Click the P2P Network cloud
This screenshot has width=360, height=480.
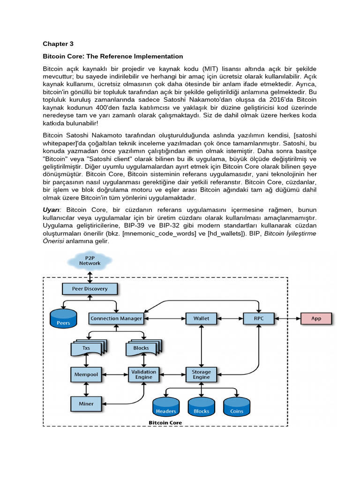pos(90,261)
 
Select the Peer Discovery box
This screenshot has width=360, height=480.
pos(89,289)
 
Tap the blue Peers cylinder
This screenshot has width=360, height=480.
pos(63,319)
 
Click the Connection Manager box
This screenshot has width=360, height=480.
pos(116,318)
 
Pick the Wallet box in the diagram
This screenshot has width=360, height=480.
pos(201,318)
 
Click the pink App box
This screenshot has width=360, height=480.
pos(316,318)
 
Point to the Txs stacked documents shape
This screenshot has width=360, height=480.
pos(86,348)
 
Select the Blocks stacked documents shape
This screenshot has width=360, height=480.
pos(141,348)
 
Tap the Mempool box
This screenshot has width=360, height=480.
pos(86,375)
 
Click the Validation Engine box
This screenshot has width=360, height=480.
pos(143,375)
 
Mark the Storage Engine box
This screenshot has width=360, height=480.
pos(201,375)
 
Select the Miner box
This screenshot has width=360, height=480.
pos(86,404)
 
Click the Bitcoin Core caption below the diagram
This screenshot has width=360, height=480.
pos(165,422)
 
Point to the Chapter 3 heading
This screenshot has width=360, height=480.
pos(58,44)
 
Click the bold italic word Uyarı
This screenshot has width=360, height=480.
pos(52,209)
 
